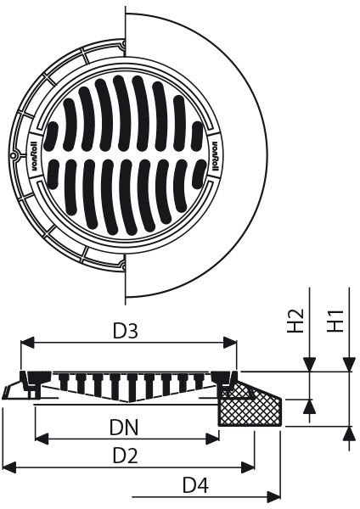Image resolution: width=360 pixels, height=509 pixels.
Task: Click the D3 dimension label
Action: click(x=126, y=332)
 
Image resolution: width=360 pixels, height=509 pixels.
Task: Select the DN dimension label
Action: click(x=124, y=428)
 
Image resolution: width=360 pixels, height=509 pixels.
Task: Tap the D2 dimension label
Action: click(x=126, y=456)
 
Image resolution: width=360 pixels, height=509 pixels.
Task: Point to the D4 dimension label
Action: click(x=195, y=485)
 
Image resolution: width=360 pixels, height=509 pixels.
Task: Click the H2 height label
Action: click(x=295, y=321)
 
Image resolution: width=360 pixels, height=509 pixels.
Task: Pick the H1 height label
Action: click(x=335, y=321)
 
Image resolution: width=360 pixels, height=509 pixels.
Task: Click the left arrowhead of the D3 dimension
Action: click(x=27, y=343)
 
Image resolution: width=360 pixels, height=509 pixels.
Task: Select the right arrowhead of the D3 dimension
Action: click(x=230, y=343)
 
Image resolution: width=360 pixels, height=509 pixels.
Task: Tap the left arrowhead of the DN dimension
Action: click(x=42, y=439)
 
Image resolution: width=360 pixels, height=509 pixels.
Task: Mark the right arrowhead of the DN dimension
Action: click(x=212, y=439)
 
